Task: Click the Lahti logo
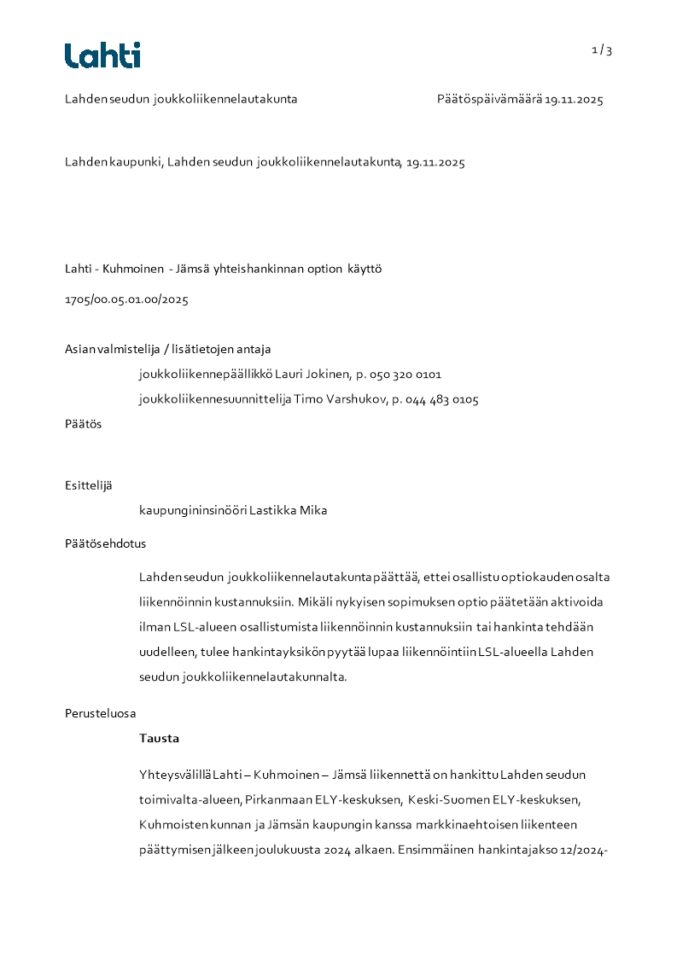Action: (x=102, y=55)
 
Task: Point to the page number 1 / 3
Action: (x=602, y=50)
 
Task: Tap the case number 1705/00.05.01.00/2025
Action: (x=126, y=299)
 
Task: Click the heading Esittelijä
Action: (x=88, y=485)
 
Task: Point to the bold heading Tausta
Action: (x=160, y=739)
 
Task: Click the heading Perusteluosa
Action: (x=100, y=713)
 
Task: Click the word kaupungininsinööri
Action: (x=193, y=511)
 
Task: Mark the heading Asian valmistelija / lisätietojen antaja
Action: (x=168, y=349)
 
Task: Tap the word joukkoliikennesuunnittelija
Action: (x=215, y=399)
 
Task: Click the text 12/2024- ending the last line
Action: (x=581, y=851)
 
